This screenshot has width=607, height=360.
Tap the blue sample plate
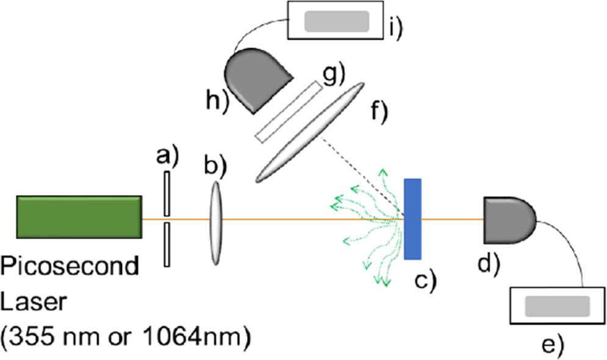pyautogui.click(x=413, y=218)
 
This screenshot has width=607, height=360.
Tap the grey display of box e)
pyautogui.click(x=557, y=305)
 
